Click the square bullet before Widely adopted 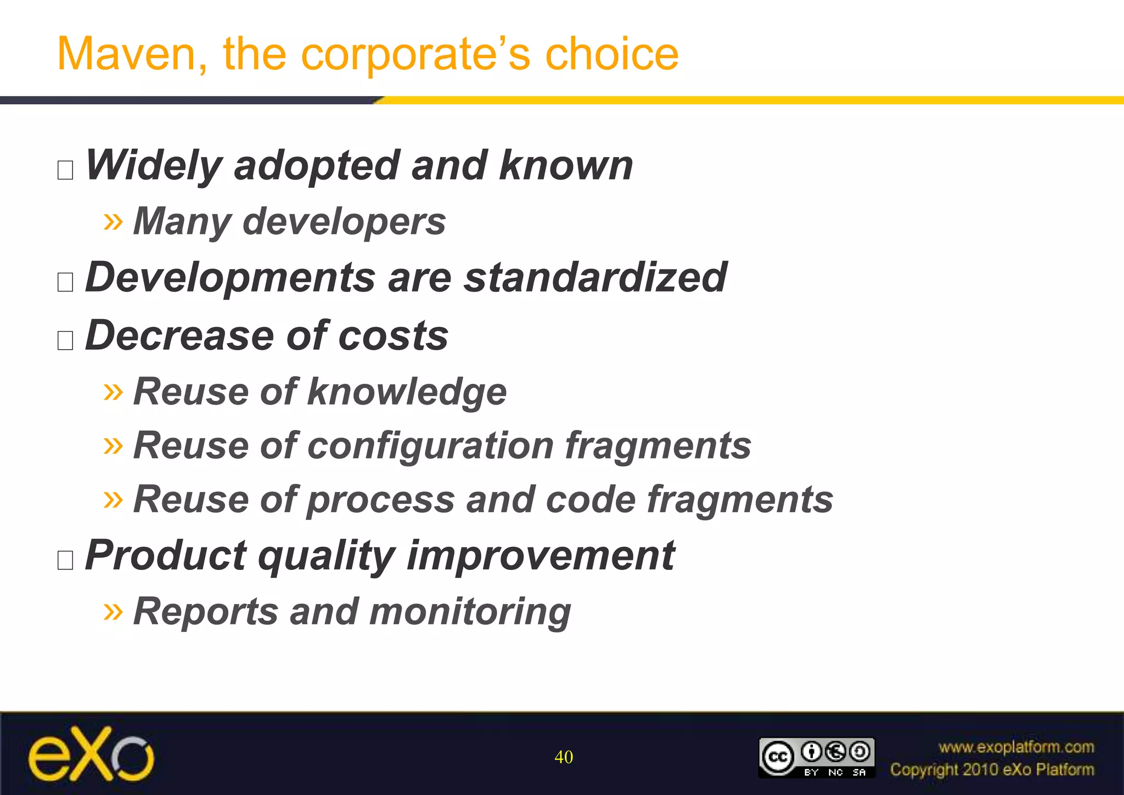tap(65, 170)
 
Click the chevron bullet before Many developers tap(113, 222)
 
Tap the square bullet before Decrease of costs tap(65, 340)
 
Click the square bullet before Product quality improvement tap(65, 560)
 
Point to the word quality tap(326, 556)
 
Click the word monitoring tap(470, 612)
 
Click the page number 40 tap(564, 757)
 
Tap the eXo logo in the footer tap(91, 754)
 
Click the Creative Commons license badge tap(816, 757)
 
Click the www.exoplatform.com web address tap(1016, 747)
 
